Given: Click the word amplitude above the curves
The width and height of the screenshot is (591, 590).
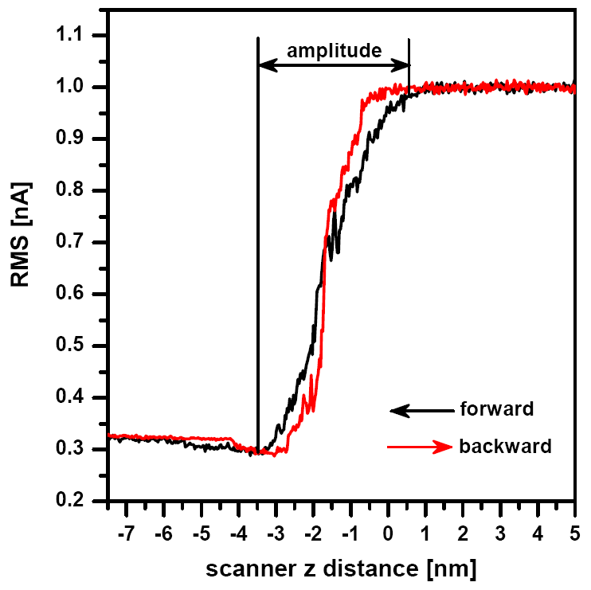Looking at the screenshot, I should coord(335,51).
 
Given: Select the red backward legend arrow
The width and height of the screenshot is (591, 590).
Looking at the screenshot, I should coord(420,447).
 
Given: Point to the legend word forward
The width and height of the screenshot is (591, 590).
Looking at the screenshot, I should coord(496,410).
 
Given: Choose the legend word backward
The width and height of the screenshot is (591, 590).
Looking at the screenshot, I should coord(505,447).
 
